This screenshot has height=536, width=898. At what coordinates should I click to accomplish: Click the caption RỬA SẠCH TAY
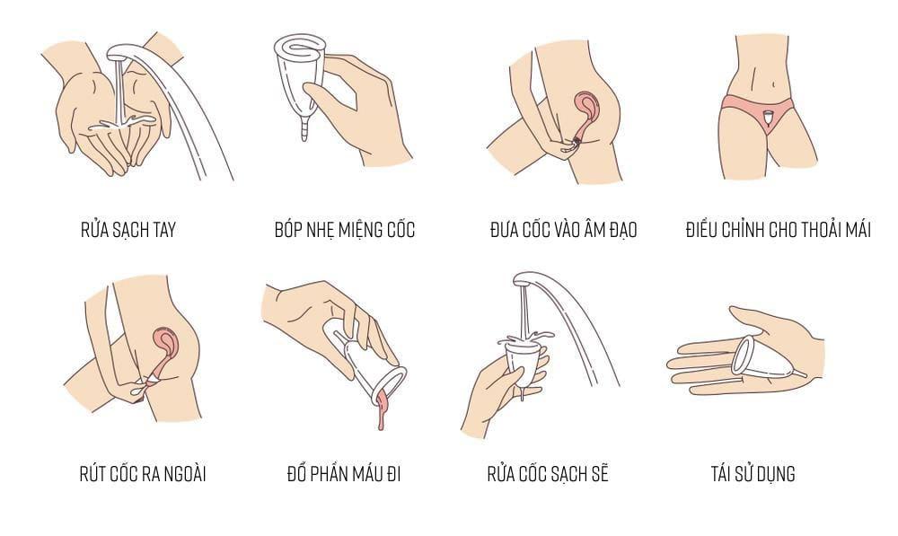127,229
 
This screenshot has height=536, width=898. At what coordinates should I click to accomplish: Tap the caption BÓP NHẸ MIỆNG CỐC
345,229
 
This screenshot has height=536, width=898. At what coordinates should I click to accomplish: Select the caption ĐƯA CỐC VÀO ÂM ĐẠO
559,229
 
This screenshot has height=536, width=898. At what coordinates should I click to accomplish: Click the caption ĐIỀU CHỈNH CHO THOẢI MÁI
778,229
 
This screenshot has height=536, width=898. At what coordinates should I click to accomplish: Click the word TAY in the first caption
161,229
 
